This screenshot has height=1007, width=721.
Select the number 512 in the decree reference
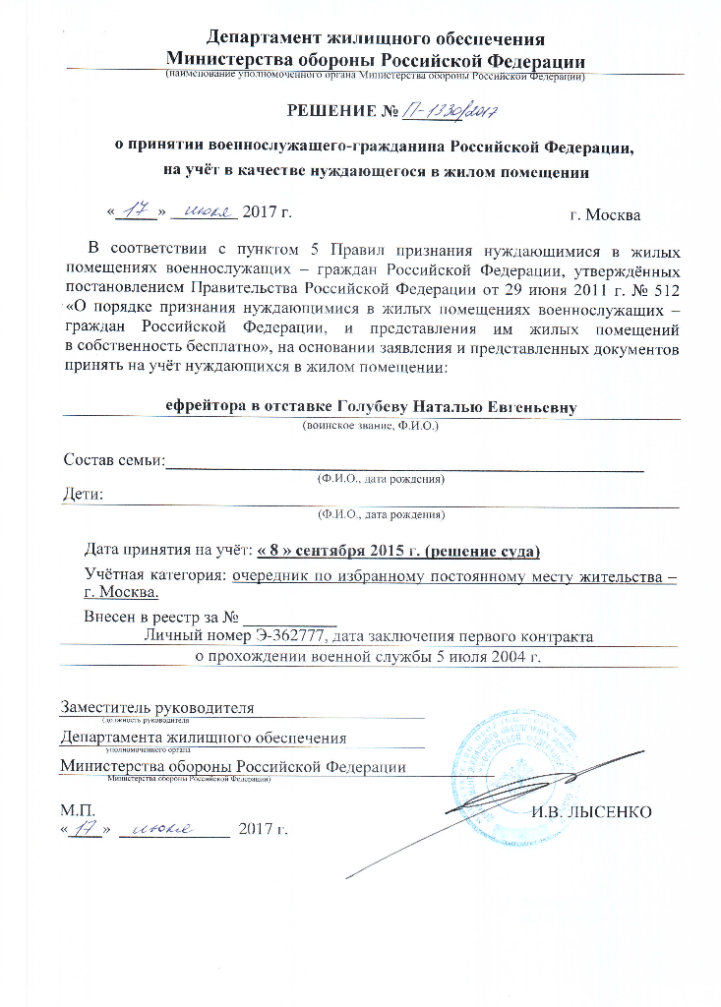coord(662,290)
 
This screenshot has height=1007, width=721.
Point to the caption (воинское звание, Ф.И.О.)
coord(370,426)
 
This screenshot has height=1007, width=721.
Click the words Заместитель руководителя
coord(157,707)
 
